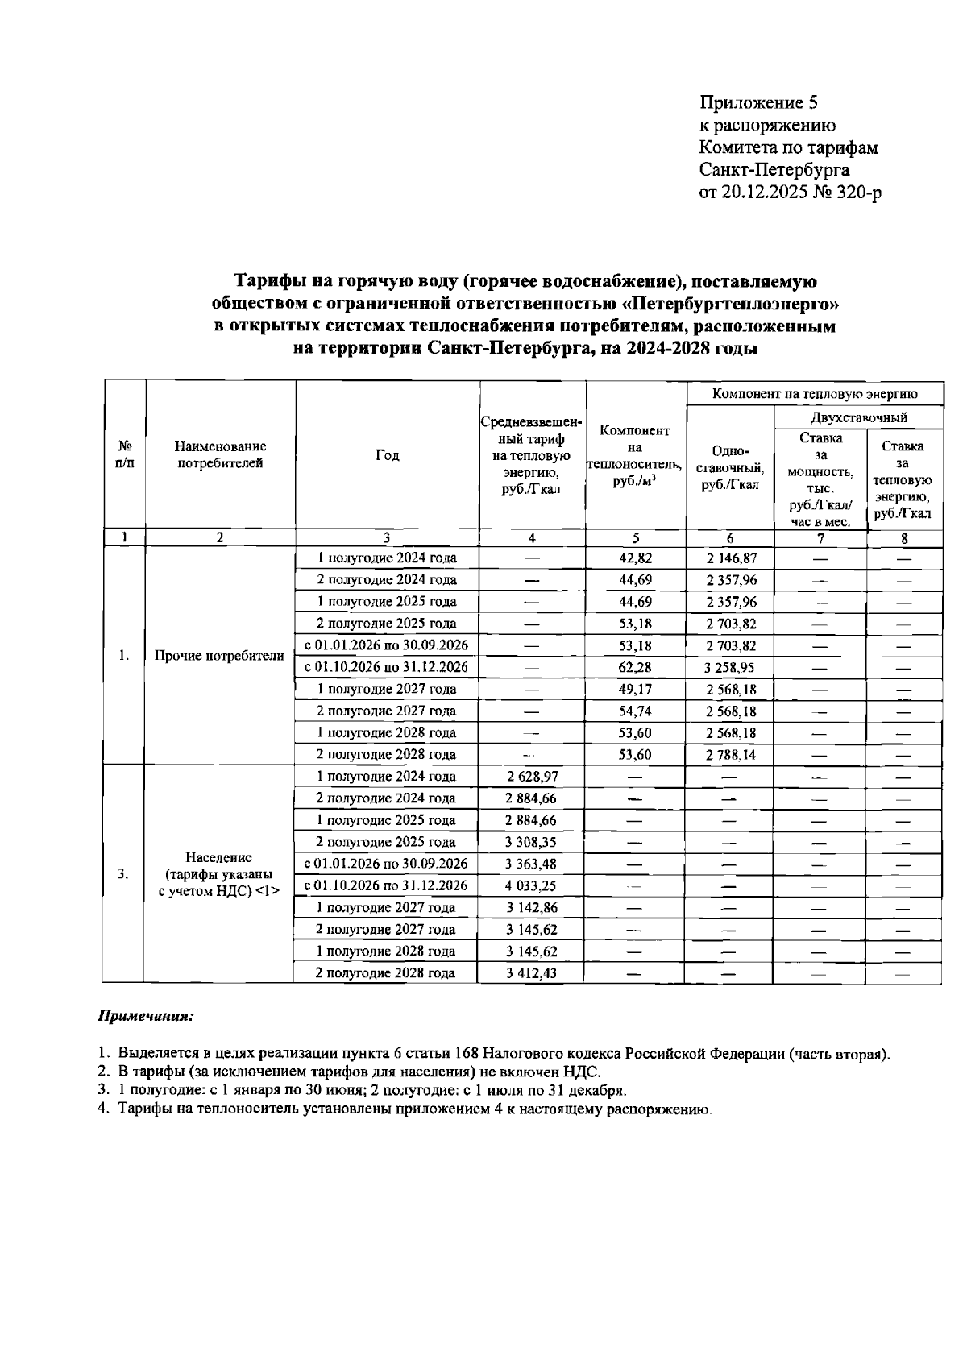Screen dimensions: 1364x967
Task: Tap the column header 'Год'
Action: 388,455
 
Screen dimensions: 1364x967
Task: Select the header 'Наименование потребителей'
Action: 220,454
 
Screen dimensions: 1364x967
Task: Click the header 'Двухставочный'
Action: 858,417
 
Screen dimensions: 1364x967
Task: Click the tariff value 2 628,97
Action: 532,777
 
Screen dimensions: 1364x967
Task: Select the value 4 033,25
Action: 532,885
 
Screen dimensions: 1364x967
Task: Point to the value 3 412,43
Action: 532,973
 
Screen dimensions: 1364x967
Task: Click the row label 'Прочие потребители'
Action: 219,656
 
